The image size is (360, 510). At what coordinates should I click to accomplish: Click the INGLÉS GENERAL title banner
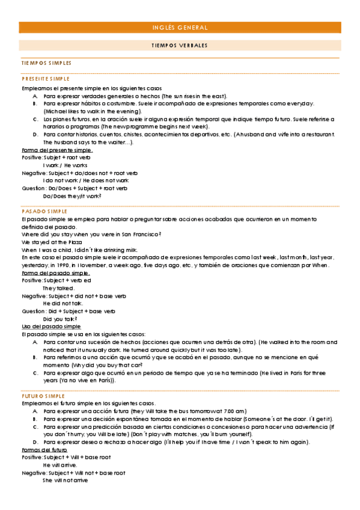(x=180, y=28)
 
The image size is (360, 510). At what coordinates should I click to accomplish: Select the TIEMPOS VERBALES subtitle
(x=180, y=46)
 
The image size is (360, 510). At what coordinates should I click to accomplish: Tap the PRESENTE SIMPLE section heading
(x=46, y=79)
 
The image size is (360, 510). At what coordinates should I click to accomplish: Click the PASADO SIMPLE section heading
(x=44, y=212)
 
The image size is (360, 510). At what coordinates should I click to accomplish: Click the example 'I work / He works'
(x=65, y=165)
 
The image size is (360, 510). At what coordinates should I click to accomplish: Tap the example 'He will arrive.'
(x=60, y=465)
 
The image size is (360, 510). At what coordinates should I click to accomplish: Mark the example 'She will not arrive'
(x=65, y=481)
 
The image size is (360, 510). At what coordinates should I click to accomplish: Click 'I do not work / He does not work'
(x=86, y=180)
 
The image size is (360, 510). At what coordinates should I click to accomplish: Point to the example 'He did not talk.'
(x=63, y=304)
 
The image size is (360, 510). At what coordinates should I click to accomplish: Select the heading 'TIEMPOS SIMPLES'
(x=46, y=63)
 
